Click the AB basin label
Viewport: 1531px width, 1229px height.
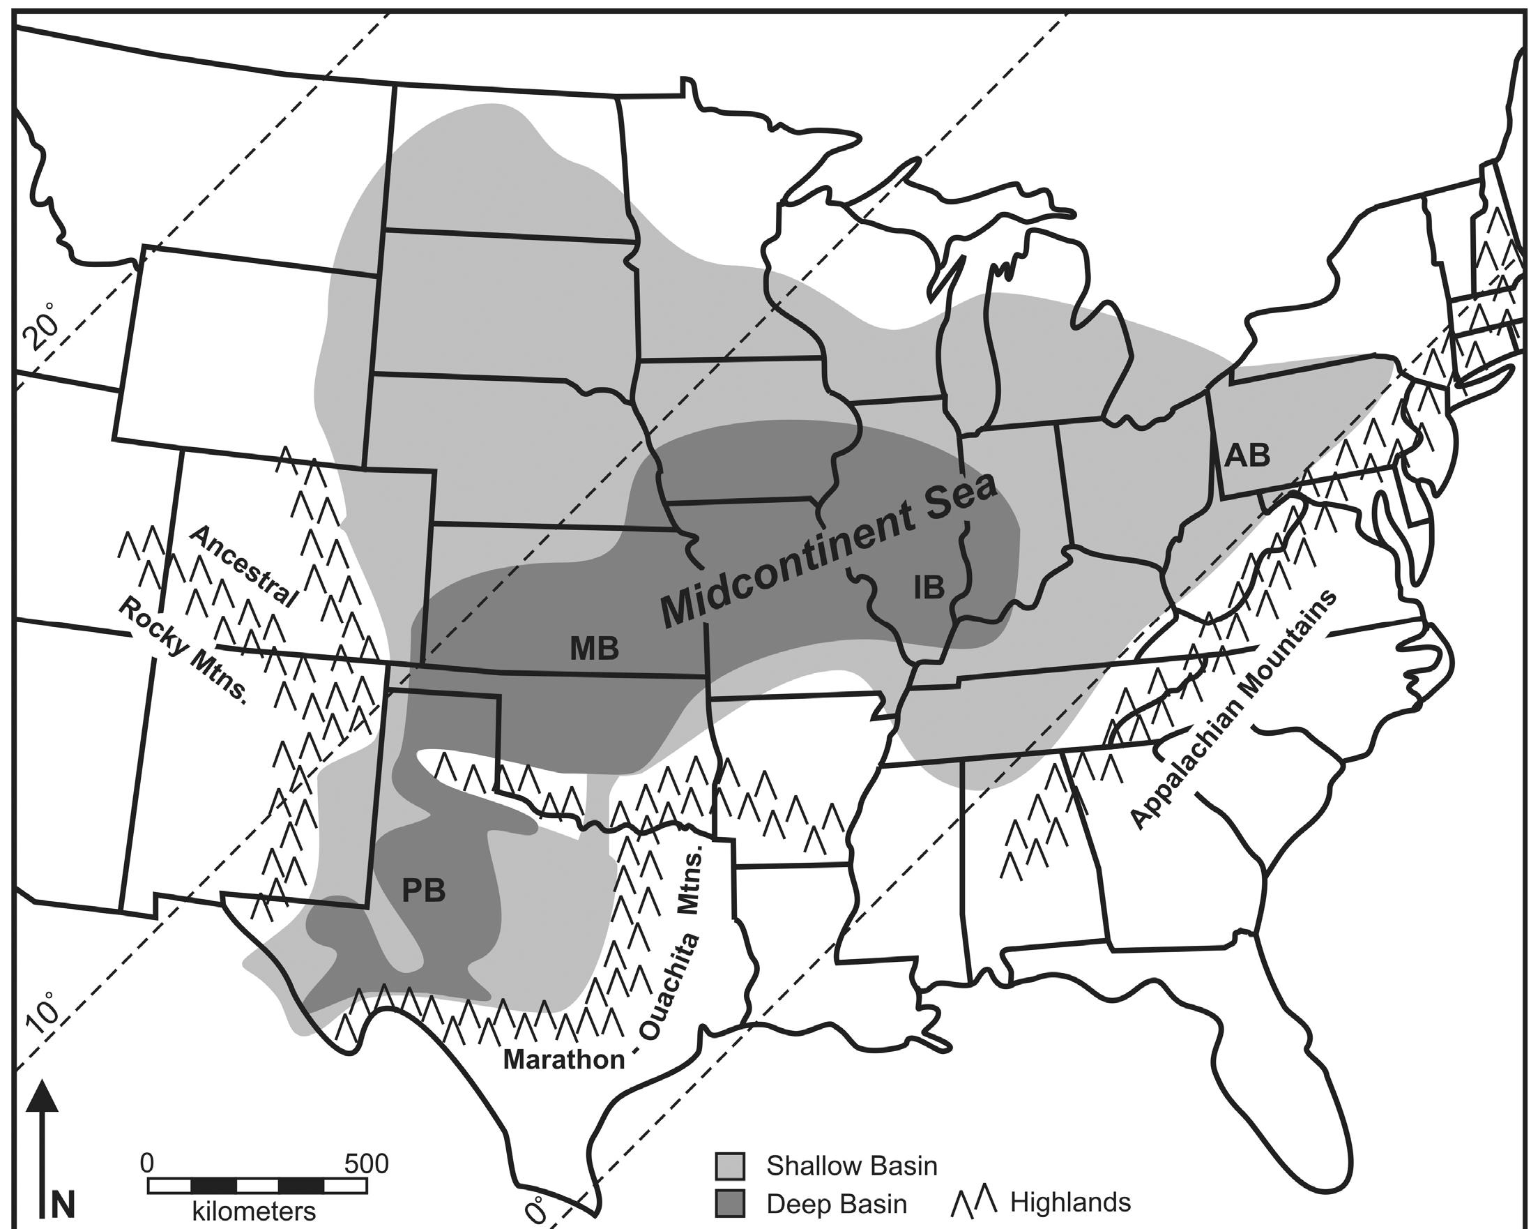(x=1248, y=455)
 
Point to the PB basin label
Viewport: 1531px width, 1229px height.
(x=424, y=889)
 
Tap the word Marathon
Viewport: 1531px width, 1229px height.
(x=564, y=1060)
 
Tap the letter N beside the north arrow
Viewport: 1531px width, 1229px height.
(x=64, y=1205)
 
